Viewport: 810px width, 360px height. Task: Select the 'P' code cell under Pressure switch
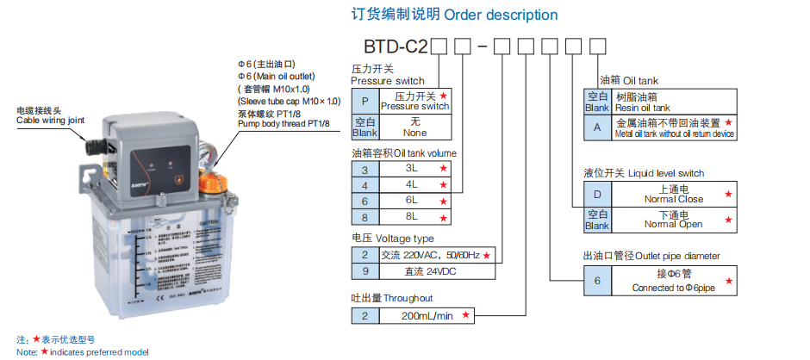364,101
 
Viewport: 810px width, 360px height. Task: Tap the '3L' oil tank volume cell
364,169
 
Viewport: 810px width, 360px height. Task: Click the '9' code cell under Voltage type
364,270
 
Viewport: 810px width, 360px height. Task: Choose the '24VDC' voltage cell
422,270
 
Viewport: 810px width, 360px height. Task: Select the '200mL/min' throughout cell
427,316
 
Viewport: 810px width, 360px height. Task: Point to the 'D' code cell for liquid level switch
596,195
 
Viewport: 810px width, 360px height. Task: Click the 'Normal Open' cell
673,220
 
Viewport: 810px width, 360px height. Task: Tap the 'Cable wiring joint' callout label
51,116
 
